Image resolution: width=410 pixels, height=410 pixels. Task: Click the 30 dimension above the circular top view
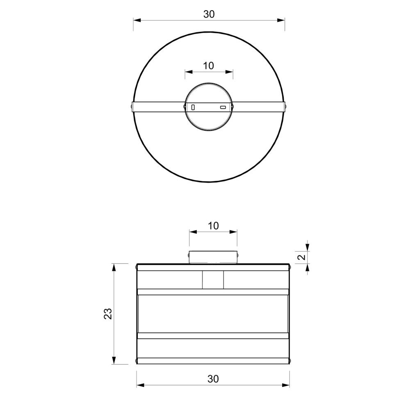click(x=209, y=14)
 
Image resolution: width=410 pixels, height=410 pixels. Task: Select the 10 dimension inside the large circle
click(x=208, y=66)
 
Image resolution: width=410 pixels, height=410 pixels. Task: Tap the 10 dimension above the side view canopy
click(x=214, y=225)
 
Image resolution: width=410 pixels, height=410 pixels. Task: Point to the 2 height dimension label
click(x=302, y=257)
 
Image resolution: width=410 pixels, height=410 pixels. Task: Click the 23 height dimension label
click(x=108, y=314)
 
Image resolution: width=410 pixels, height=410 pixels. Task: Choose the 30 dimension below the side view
click(x=213, y=379)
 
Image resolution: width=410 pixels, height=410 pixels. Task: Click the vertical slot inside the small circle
click(x=193, y=107)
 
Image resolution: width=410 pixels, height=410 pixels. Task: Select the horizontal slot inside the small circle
click(x=223, y=107)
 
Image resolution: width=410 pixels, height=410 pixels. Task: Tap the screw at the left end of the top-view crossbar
click(x=131, y=106)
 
